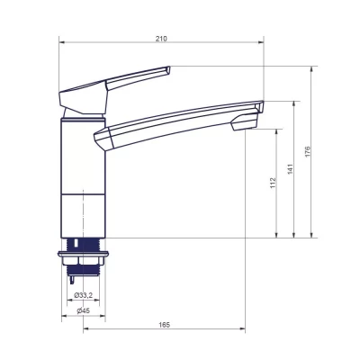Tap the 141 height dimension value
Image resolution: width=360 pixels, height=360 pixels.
(289, 168)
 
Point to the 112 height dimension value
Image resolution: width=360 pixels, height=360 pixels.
(273, 183)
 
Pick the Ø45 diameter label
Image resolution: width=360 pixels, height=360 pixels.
(83, 310)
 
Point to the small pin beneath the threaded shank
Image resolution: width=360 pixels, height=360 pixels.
(71, 278)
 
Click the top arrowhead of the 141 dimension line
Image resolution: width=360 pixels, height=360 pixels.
(294, 103)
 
